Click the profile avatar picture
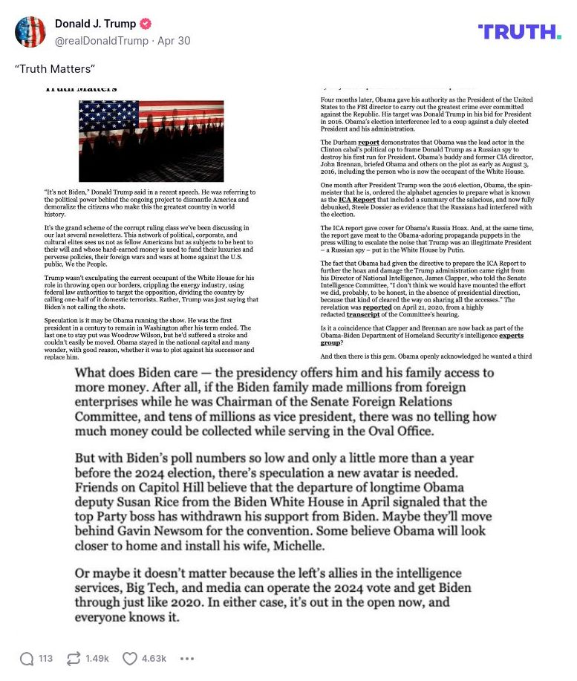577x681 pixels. [30, 32]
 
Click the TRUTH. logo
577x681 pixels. [519, 32]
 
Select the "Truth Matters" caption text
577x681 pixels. [55, 69]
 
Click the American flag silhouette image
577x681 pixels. [151, 141]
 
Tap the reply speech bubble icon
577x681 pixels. [27, 659]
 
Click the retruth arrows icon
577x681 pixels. [74, 659]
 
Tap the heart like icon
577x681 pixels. [130, 659]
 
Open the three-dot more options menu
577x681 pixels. [187, 659]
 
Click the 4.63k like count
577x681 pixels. [154, 659]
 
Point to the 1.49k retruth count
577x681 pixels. [97, 659]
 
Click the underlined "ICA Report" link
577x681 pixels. [357, 201]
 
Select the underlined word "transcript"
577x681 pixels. [363, 314]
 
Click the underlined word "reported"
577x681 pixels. [377, 307]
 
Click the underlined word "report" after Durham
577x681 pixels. [368, 142]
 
